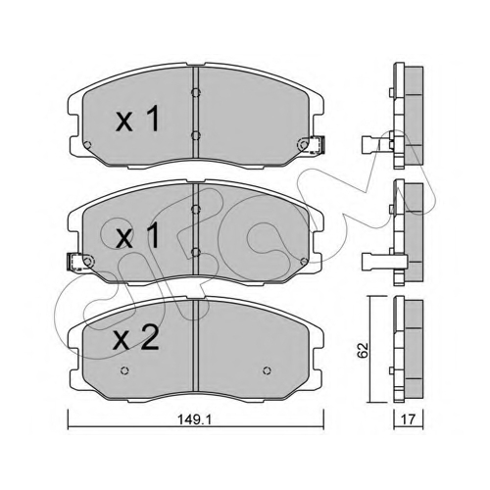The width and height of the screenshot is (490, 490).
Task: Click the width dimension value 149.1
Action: [195, 419]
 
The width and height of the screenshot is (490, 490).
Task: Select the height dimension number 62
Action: [363, 350]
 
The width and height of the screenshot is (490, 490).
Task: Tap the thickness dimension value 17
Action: [409, 419]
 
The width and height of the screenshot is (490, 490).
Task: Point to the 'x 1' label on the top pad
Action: [137, 119]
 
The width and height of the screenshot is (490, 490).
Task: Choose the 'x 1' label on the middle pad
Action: [138, 236]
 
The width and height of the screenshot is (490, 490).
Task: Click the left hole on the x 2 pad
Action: [124, 370]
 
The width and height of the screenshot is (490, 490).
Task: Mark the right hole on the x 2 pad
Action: [267, 370]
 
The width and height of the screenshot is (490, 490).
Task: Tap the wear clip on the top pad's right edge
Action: [317, 145]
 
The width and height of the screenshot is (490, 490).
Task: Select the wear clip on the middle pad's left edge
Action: [75, 262]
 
